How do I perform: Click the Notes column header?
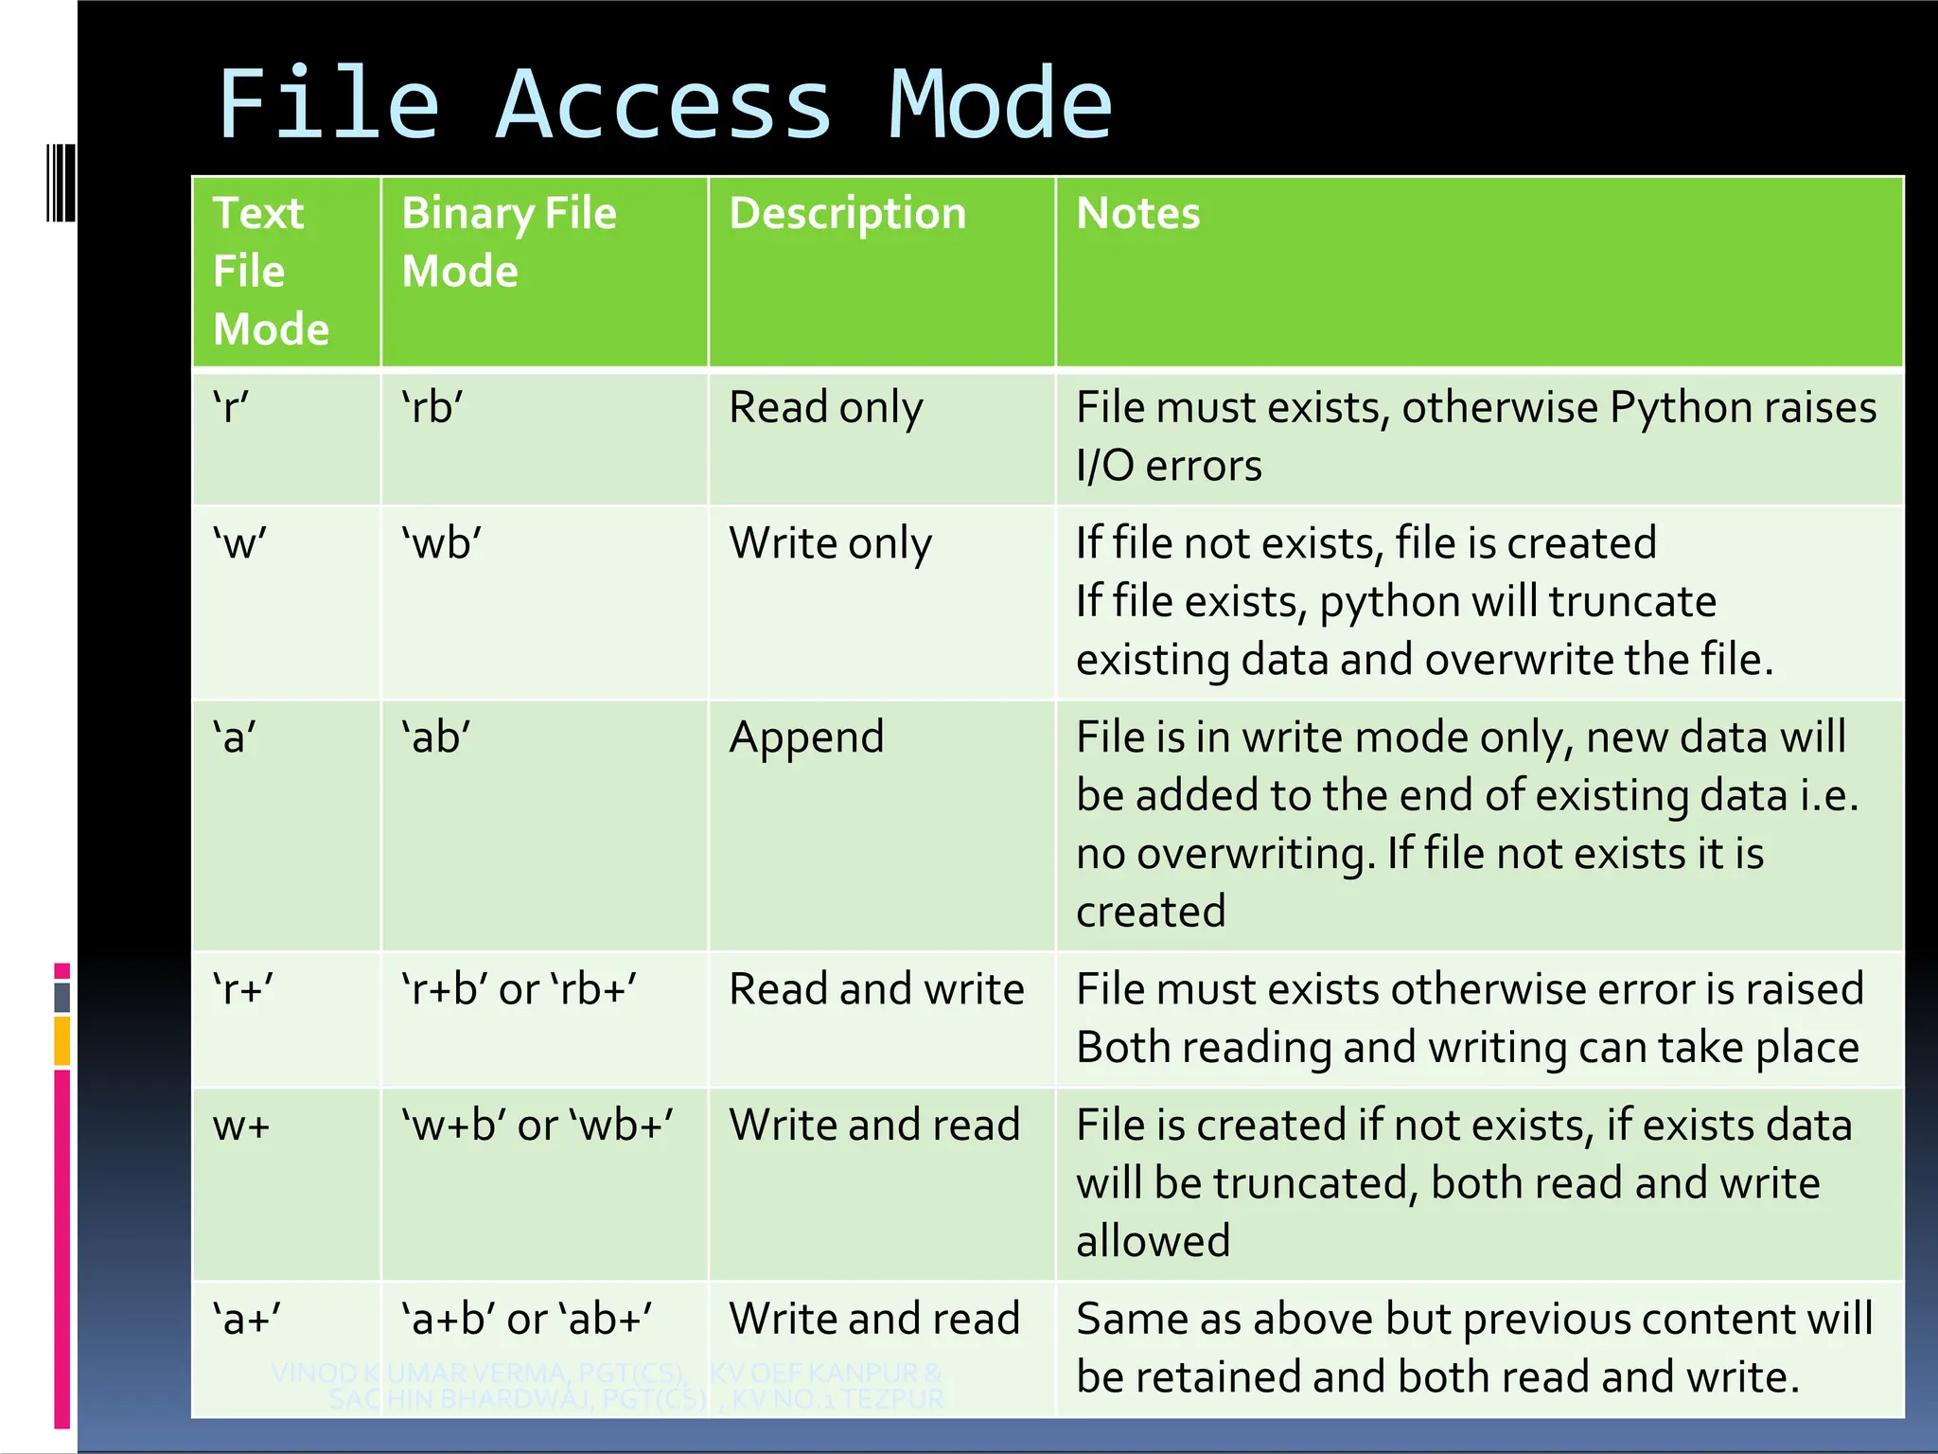[x=1137, y=213]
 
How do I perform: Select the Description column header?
[x=847, y=213]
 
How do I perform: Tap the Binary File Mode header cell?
[x=508, y=241]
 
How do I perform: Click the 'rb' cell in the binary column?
[x=432, y=408]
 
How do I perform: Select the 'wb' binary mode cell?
[x=441, y=543]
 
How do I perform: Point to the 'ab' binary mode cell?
[x=436, y=737]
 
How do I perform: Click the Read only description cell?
[x=825, y=408]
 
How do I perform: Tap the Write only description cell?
[x=830, y=543]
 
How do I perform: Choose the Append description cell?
[x=806, y=737]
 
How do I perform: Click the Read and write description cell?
[x=876, y=989]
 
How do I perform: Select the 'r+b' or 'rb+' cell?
[x=519, y=989]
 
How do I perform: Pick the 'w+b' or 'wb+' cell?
[x=537, y=1126]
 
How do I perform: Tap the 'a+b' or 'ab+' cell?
[x=527, y=1319]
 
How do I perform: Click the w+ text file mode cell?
[x=242, y=1126]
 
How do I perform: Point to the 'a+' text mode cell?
[x=247, y=1319]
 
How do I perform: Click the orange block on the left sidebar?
[x=62, y=1040]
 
